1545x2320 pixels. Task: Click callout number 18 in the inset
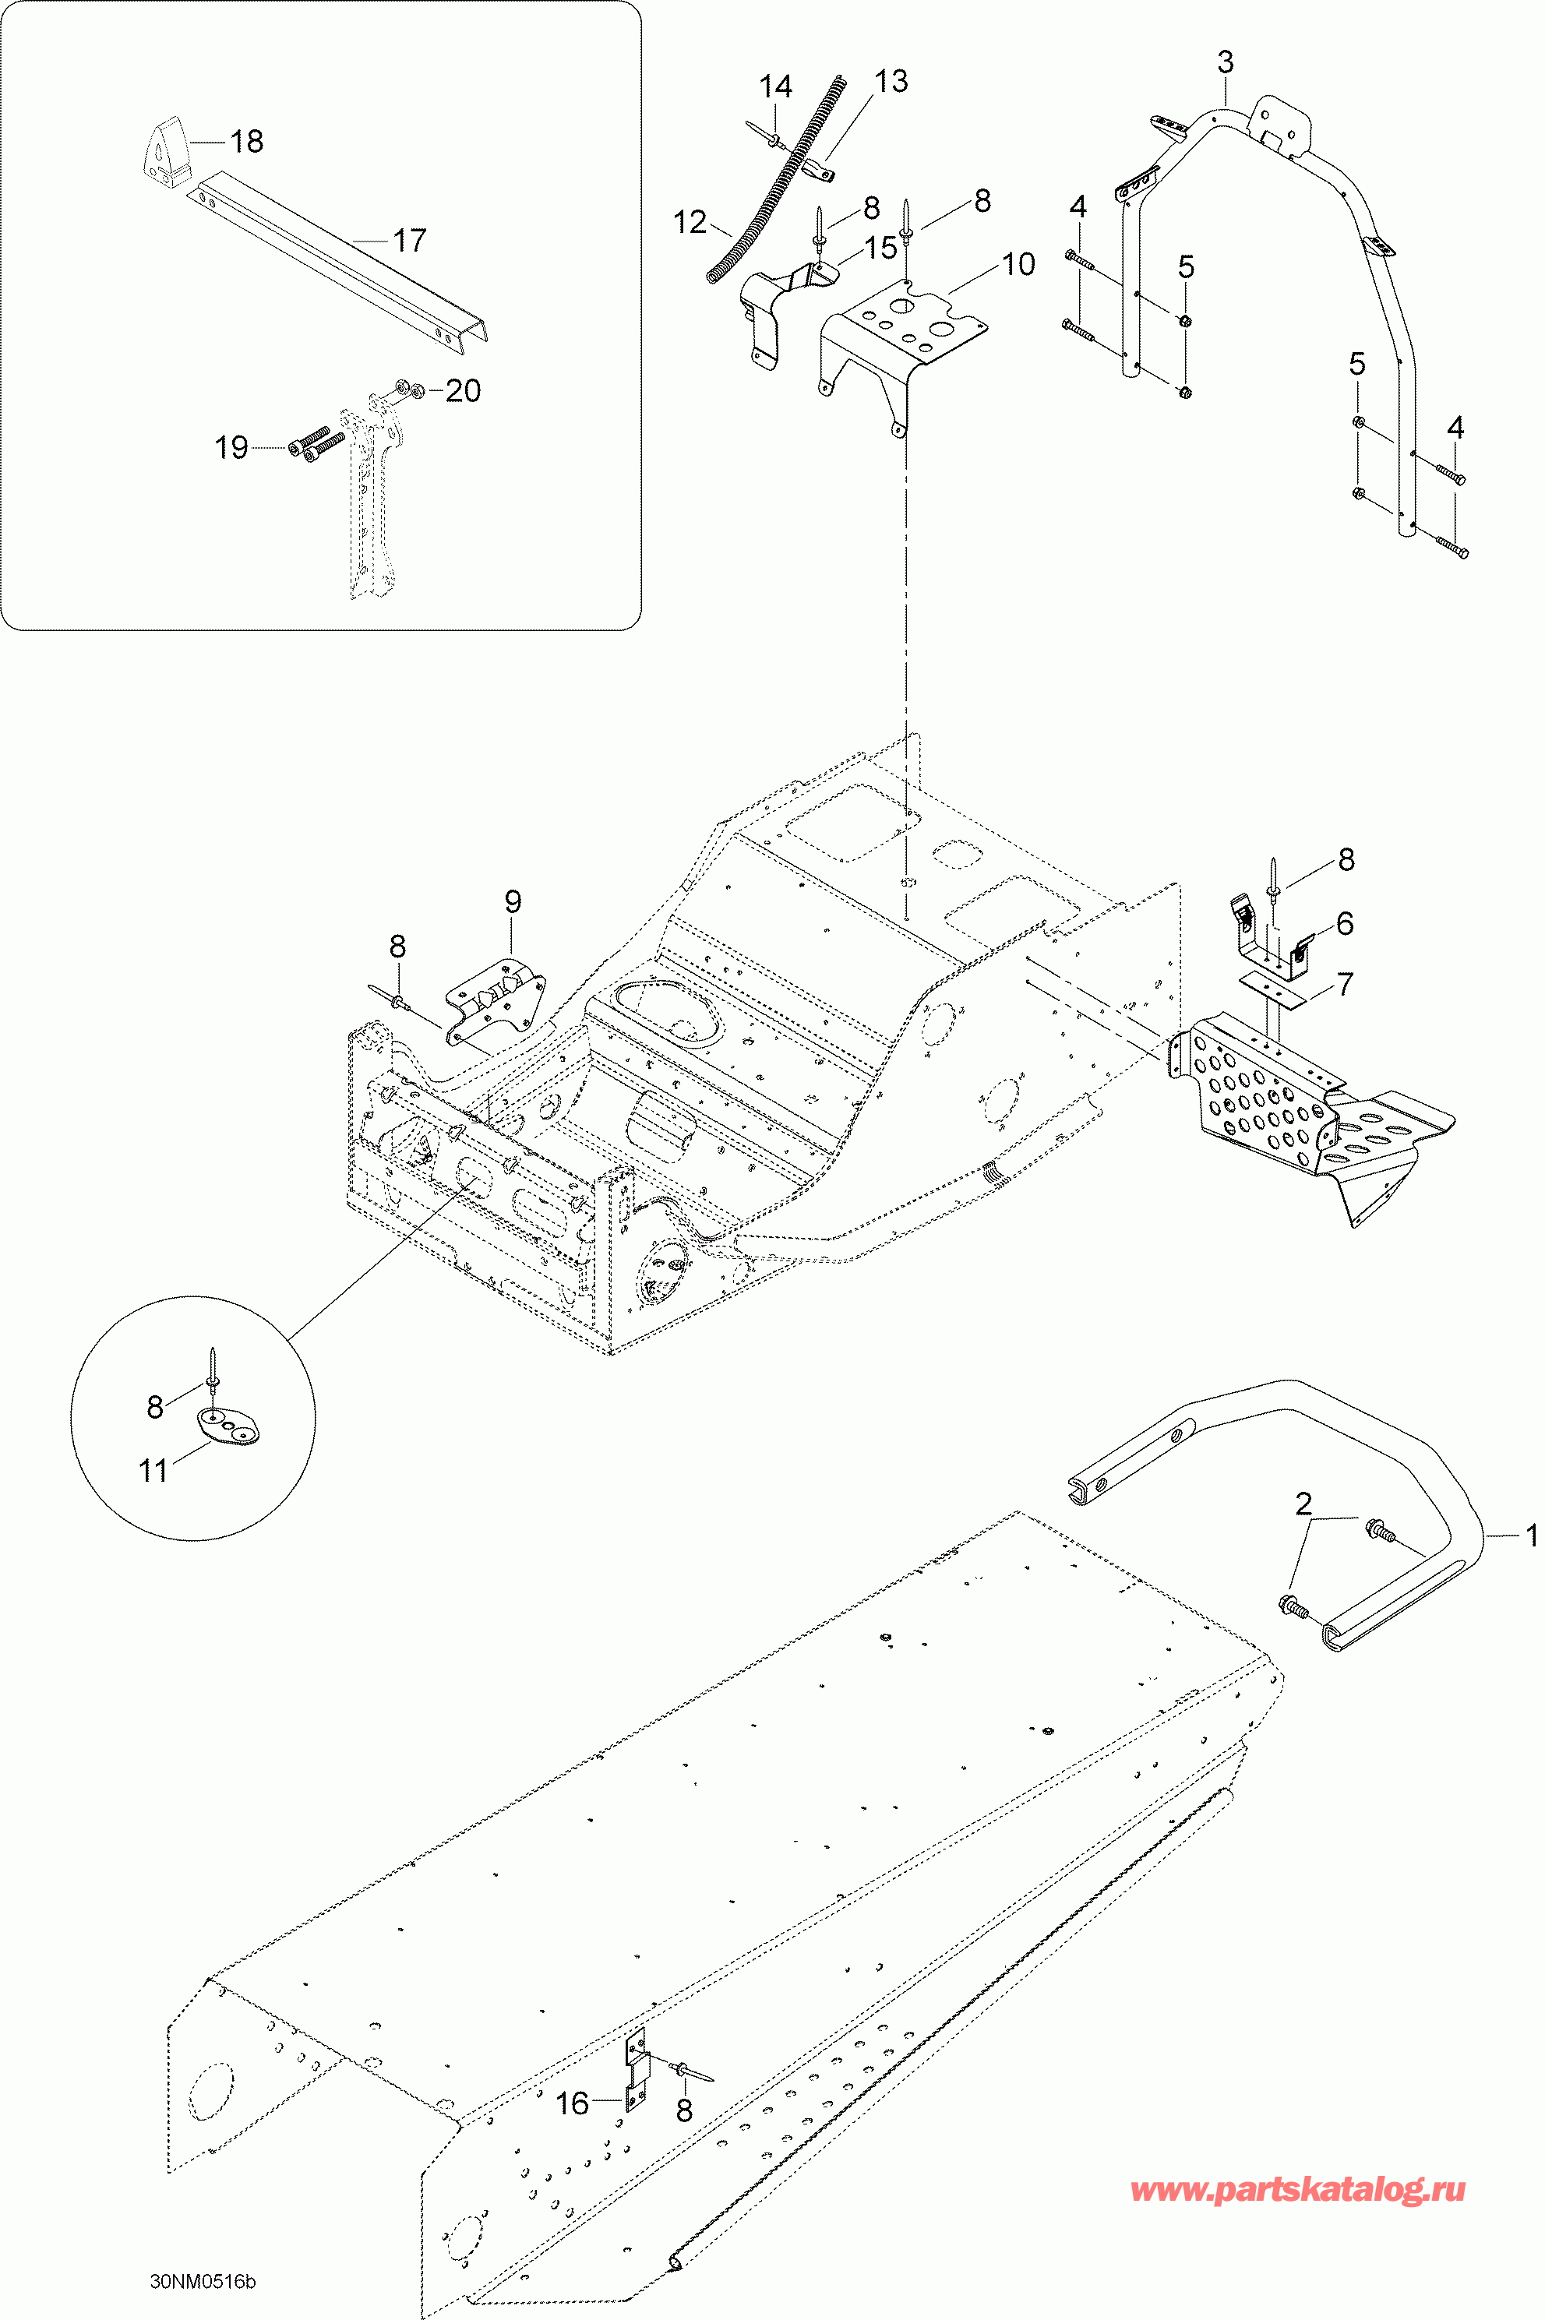pos(246,142)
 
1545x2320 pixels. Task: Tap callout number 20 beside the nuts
pos(462,391)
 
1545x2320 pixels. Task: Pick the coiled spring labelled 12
pos(778,187)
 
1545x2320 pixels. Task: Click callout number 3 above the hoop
pos(1225,62)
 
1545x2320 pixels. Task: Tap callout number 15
pos(881,246)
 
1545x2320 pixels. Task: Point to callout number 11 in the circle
pos(153,1471)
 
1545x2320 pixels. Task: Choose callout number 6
pos(1345,923)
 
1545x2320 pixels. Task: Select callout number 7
pos(1345,983)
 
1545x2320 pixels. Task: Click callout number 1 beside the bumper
pos(1530,1534)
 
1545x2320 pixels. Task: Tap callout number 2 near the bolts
pos(1303,1504)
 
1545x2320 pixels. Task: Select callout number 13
pos(891,81)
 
